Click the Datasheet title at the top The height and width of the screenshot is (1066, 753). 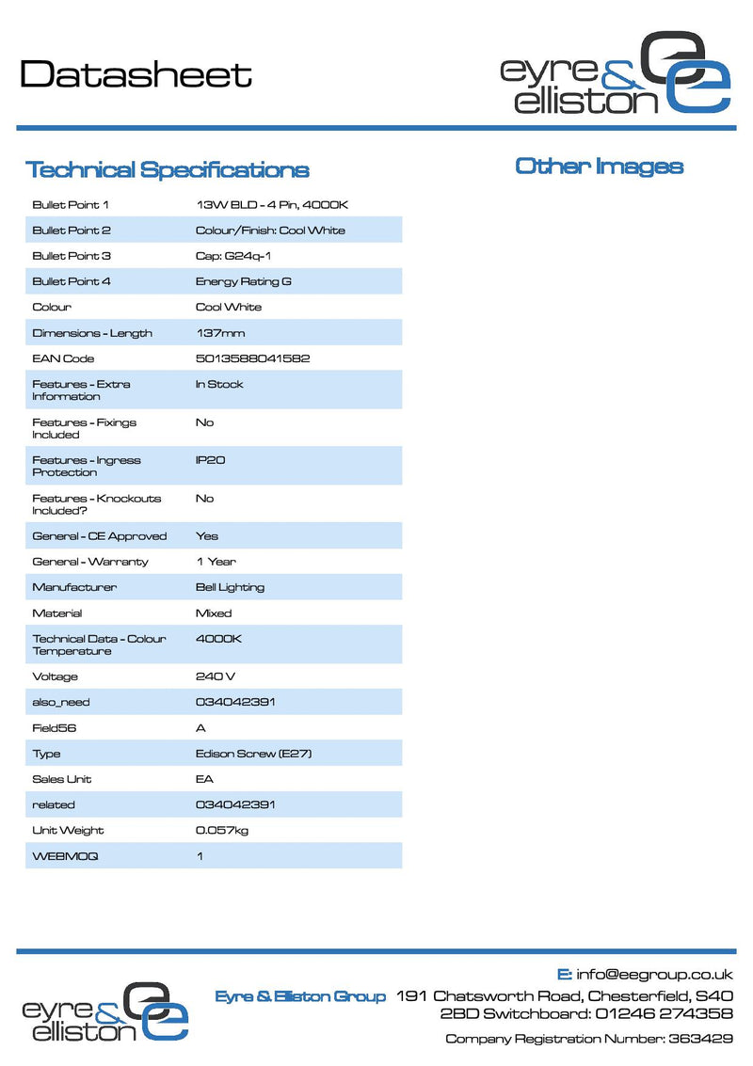pos(136,74)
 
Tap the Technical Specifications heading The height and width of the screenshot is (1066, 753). pos(167,170)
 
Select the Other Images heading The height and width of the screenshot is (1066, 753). pos(599,167)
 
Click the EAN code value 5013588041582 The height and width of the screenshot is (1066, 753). pos(252,358)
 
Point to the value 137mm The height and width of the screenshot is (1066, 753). pos(220,333)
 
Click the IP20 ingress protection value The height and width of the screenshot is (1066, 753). pos(210,460)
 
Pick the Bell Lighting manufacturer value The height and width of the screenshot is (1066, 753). pos(230,587)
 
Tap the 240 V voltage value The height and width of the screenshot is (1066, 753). pos(216,676)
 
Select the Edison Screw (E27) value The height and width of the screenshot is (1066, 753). pos(253,754)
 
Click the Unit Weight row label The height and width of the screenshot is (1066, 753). pos(68,830)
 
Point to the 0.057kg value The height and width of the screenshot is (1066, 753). pos(222,830)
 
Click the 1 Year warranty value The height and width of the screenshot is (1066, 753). pos(216,562)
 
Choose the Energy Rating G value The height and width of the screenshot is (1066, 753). pos(244,281)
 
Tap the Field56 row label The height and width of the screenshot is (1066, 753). pos(53,728)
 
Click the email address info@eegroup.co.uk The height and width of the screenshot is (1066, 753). pos(655,975)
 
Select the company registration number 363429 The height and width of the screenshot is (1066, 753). pos(700,1039)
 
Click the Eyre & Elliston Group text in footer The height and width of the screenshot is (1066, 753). pos(300,996)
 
